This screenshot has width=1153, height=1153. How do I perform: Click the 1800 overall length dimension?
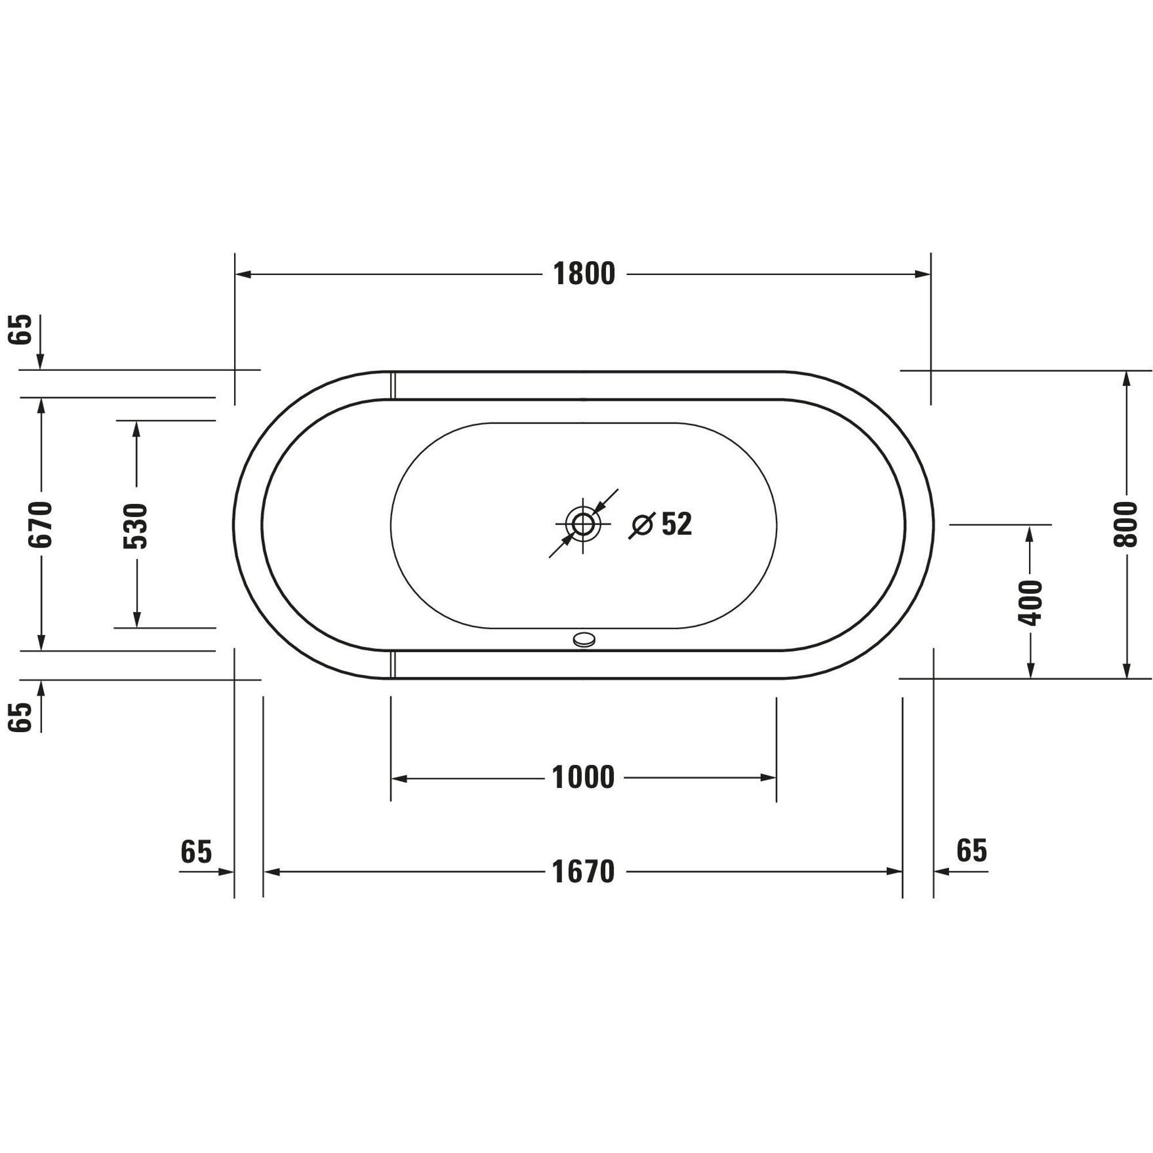(583, 274)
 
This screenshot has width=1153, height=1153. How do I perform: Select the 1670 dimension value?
(583, 872)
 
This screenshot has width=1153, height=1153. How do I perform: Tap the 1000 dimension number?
(583, 778)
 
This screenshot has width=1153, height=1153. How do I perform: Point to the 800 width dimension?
(1125, 525)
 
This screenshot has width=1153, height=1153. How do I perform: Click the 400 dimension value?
(1030, 603)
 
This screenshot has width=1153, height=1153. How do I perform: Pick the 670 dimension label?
(41, 524)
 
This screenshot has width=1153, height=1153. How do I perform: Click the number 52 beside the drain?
(677, 523)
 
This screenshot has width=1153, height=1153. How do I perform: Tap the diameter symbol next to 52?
(642, 525)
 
